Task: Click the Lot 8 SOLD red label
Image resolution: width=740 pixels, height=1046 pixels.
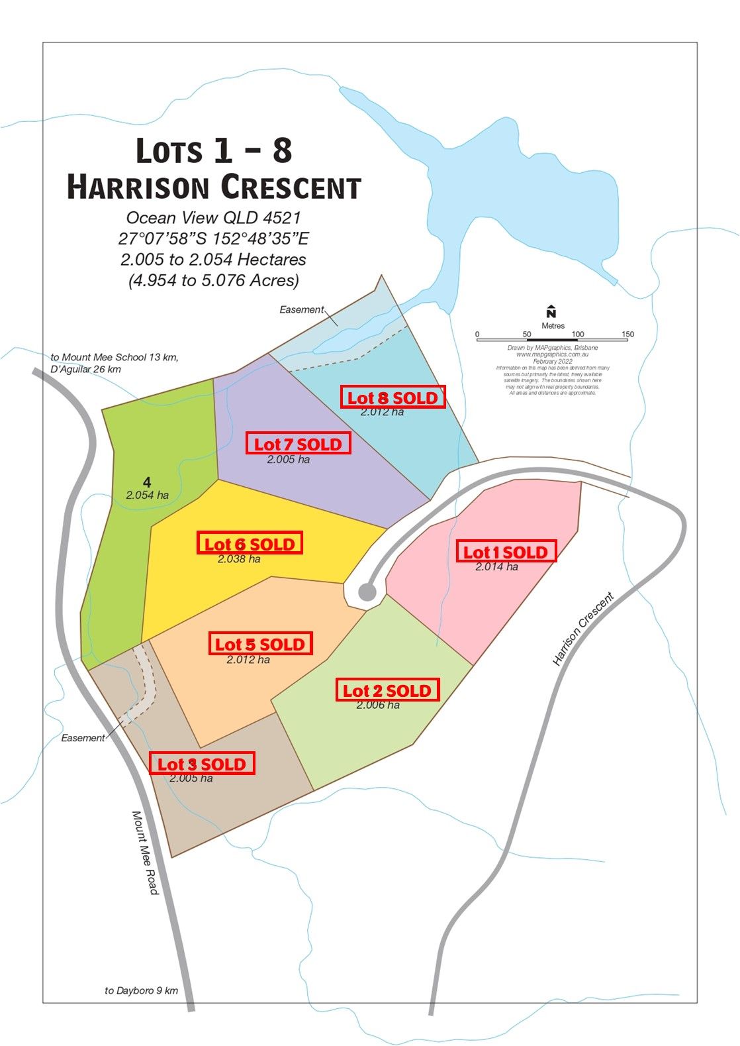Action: [393, 397]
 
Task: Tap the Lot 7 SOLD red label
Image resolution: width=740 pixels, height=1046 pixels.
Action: [298, 444]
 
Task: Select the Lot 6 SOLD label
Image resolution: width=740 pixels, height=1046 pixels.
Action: [250, 544]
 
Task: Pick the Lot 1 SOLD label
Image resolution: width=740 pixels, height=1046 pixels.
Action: [506, 552]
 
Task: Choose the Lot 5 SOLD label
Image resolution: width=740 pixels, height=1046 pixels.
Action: [259, 644]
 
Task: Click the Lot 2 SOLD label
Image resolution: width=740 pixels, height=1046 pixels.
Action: [387, 690]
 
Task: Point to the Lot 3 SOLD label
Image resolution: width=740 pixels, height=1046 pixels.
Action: [201, 764]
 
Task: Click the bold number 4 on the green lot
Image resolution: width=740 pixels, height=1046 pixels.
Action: [147, 482]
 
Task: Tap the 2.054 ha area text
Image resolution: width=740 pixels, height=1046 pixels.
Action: [147, 495]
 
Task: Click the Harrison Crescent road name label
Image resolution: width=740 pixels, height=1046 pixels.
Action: [583, 628]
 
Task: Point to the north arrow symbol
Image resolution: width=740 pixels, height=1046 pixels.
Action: [551, 312]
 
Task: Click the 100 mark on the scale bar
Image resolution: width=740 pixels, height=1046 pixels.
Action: [577, 335]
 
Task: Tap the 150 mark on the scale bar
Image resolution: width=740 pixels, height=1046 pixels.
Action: [627, 335]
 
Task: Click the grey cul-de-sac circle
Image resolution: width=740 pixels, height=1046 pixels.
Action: [367, 592]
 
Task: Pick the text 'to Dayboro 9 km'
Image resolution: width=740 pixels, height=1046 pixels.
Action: [141, 990]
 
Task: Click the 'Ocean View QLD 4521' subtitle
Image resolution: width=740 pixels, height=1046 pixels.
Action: [213, 218]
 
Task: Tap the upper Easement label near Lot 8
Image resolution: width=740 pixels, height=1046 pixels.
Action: [301, 309]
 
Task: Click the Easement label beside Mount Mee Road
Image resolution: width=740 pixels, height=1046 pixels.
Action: [83, 738]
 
